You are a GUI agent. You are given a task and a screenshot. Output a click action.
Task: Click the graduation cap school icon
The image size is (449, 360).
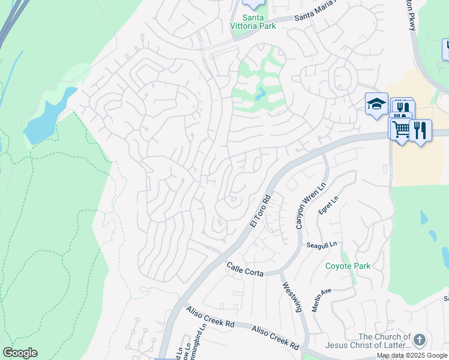point(376,104)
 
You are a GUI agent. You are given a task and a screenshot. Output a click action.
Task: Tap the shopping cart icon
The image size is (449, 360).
point(400,128)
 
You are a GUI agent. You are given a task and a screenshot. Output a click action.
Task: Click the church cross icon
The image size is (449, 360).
point(420,340)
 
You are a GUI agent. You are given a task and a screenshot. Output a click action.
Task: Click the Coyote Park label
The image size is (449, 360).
point(348,266)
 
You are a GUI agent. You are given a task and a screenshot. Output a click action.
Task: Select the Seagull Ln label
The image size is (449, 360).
point(322,245)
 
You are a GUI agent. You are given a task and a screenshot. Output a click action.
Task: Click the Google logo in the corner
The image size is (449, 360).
point(19,353)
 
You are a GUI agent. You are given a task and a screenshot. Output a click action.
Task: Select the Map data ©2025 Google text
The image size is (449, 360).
point(412,355)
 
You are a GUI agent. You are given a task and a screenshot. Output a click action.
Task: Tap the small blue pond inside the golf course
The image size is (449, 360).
point(260,94)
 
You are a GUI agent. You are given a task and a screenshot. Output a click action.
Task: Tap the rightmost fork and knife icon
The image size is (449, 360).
point(420,130)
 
